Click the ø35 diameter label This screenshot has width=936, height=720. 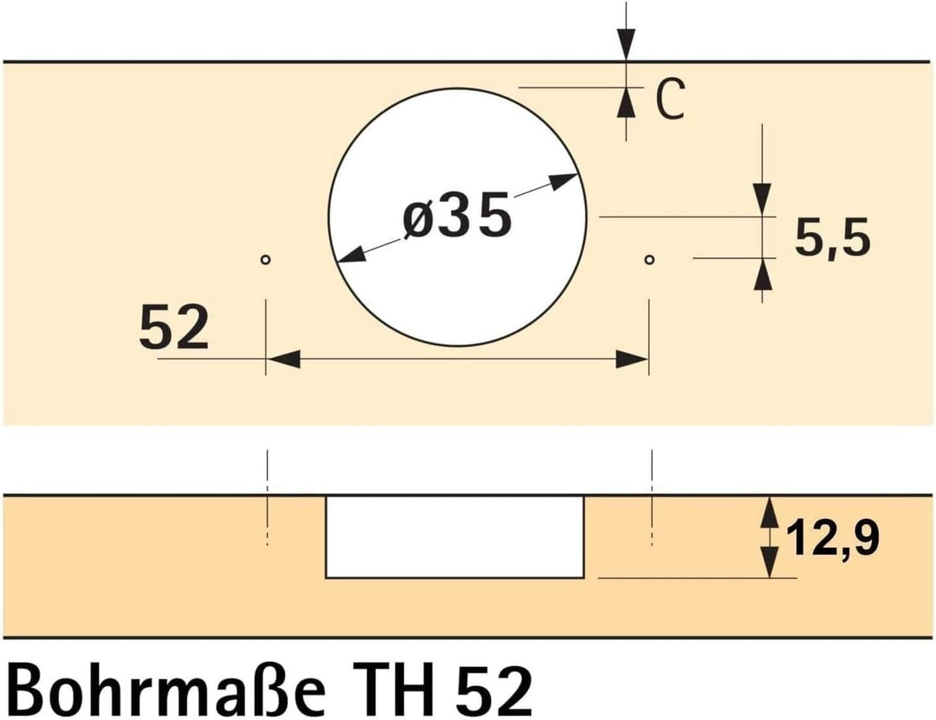tap(458, 215)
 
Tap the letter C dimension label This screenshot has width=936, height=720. tap(669, 99)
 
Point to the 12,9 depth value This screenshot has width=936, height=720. tap(833, 538)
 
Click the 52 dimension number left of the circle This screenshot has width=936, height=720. tap(173, 328)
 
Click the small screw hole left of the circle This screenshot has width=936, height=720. tap(266, 260)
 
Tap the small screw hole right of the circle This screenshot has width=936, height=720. tap(649, 260)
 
